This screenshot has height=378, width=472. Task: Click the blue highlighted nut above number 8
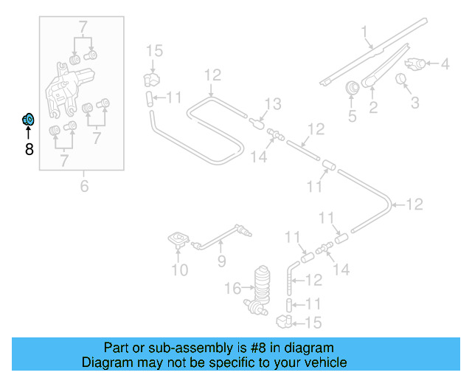28,119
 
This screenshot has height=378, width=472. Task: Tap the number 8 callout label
29,150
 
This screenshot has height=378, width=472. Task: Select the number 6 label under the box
84,186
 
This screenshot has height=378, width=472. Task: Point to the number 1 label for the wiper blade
364,32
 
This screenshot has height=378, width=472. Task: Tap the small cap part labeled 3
402,79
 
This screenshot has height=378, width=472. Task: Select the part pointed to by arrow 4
417,63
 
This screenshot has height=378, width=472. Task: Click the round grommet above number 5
353,88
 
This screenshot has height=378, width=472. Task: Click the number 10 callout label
180,270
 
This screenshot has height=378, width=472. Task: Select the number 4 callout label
445,64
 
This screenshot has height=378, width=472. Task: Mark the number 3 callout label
414,102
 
